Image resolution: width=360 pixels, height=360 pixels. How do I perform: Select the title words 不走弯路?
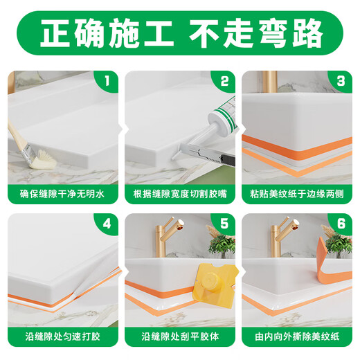262,33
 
